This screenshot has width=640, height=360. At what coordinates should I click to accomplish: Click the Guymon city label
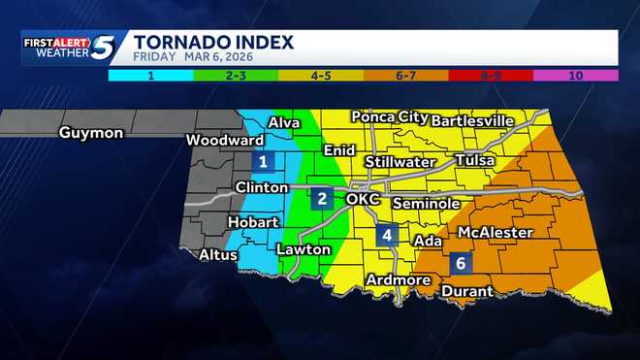point(90,133)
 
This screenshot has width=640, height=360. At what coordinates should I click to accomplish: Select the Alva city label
point(283,122)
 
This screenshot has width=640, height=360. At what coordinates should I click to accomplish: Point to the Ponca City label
point(387,117)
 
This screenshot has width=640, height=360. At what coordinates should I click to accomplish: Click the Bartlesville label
point(471,121)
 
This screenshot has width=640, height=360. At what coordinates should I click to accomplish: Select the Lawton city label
point(304,249)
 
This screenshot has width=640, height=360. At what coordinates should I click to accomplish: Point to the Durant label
point(467,291)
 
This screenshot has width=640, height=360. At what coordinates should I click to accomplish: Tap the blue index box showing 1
point(262,162)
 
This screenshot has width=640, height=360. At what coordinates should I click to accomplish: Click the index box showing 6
point(460,263)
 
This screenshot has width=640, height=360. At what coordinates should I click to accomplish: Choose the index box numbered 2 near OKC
point(322,199)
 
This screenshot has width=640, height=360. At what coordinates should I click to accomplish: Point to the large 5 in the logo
point(105,48)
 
